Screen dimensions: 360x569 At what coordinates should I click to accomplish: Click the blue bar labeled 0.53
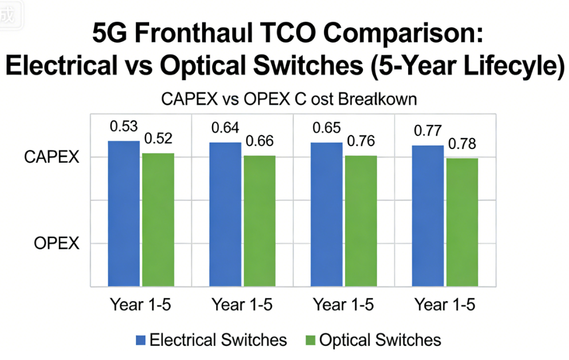(x=124, y=213)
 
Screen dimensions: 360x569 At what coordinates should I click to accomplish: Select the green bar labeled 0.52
(x=158, y=219)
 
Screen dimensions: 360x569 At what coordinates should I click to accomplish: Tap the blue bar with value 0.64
(x=225, y=214)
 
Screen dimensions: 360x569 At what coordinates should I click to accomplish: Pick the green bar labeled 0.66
(x=259, y=220)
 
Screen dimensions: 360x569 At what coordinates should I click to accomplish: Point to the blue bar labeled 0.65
(x=326, y=214)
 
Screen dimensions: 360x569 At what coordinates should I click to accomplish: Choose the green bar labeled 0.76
(x=360, y=220)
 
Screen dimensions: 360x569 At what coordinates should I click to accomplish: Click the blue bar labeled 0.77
(x=428, y=216)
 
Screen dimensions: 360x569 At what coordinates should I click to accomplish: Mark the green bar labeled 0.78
(x=462, y=222)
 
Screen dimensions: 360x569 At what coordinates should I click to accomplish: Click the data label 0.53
(x=124, y=127)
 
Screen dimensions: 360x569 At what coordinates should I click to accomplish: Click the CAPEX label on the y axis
(x=51, y=157)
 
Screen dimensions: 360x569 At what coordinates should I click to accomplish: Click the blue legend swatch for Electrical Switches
(x=140, y=340)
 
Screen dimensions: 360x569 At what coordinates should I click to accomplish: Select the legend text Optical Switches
(x=380, y=340)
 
